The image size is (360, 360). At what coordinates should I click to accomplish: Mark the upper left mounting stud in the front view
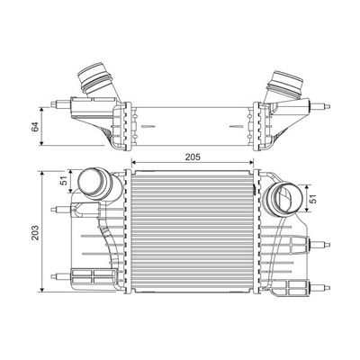(x=60, y=211)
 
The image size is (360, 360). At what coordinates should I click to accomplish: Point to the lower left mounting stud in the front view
(x=60, y=274)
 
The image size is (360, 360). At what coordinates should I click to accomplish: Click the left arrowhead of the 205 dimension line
(x=135, y=163)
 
